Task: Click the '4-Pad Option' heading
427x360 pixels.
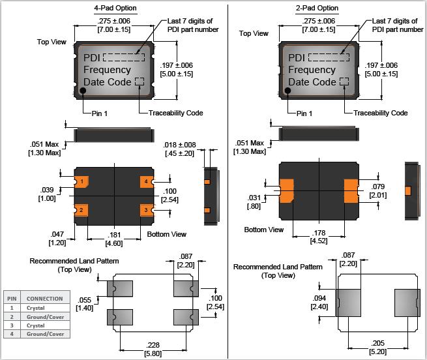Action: (115, 8)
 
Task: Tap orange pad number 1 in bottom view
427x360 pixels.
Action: (82, 181)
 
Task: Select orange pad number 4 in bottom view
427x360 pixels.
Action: (147, 181)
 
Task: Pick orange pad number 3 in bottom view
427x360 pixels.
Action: (147, 210)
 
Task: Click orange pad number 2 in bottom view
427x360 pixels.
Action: (82, 210)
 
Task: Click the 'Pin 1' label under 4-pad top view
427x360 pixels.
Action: (100, 113)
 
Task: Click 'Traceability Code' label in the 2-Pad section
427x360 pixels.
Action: (381, 113)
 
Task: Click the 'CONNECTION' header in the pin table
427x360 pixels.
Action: (45, 298)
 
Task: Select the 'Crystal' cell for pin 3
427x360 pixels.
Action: (35, 325)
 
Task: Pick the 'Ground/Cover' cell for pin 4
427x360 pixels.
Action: (45, 334)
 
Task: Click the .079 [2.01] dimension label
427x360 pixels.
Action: (378, 190)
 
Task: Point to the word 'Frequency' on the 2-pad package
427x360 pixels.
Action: (312, 70)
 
